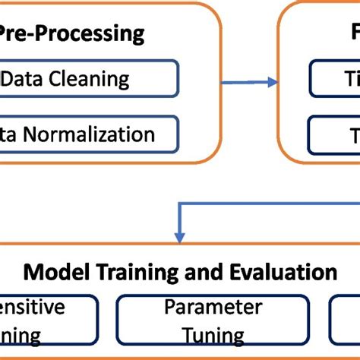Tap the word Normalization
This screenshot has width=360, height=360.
(90, 134)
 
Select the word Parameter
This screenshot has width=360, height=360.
(213, 307)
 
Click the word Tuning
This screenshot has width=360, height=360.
(213, 335)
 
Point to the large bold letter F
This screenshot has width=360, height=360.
(355, 33)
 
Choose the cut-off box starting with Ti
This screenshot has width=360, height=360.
(333, 78)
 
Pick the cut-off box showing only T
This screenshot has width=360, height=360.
(333, 134)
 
